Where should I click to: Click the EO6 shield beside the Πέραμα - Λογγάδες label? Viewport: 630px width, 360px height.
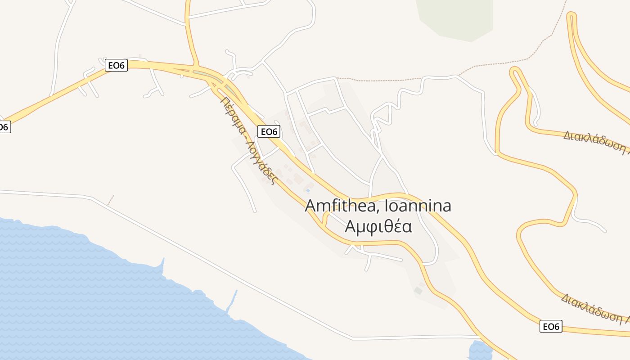tap(269, 131)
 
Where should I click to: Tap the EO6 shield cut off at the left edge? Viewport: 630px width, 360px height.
tap(4, 127)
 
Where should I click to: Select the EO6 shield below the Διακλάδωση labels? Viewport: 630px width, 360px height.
tap(551, 326)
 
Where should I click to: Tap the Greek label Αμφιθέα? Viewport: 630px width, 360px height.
tap(378, 226)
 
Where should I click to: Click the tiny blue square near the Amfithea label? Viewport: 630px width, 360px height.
tap(308, 190)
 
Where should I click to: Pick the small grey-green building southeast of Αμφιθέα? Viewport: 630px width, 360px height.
tap(418, 291)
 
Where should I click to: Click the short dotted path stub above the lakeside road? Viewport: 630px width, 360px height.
tap(111, 200)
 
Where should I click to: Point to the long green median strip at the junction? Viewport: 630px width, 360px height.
tap(211, 77)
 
